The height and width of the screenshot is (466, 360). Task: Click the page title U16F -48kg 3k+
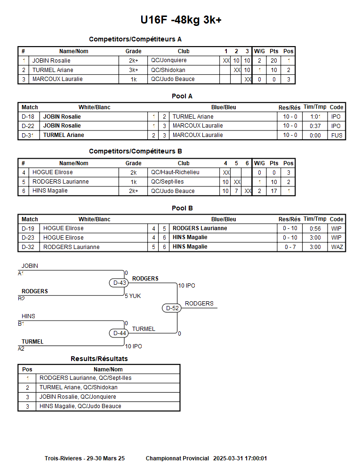coord(181,20)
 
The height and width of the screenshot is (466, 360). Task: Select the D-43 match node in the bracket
coord(120,283)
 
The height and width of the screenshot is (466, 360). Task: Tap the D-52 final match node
coord(172,308)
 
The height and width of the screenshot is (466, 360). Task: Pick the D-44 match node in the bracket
coord(120,333)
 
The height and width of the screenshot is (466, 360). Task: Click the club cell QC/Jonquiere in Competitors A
coord(168,60)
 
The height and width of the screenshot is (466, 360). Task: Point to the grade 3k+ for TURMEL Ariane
coord(134,70)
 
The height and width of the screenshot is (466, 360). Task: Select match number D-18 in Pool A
coord(28,117)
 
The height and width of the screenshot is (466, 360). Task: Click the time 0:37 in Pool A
coord(315,126)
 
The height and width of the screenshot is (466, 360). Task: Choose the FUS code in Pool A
coord(336,135)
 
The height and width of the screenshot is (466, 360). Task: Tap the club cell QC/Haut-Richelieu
coord(175,172)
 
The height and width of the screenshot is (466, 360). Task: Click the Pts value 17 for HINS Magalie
coord(274,191)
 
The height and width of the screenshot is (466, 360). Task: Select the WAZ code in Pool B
coord(336,247)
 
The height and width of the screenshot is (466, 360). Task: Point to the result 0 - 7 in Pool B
coord(290,247)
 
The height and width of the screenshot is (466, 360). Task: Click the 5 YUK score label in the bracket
coord(133,296)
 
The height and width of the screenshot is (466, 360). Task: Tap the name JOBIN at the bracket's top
coord(30,266)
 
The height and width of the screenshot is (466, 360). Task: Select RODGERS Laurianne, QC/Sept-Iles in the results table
coord(85,378)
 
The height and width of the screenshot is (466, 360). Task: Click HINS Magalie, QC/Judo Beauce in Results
coord(80,406)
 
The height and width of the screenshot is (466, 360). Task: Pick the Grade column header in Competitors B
coord(133,163)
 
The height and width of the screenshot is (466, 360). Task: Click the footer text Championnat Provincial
coord(177,458)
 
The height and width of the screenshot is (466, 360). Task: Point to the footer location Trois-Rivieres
coord(63,458)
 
